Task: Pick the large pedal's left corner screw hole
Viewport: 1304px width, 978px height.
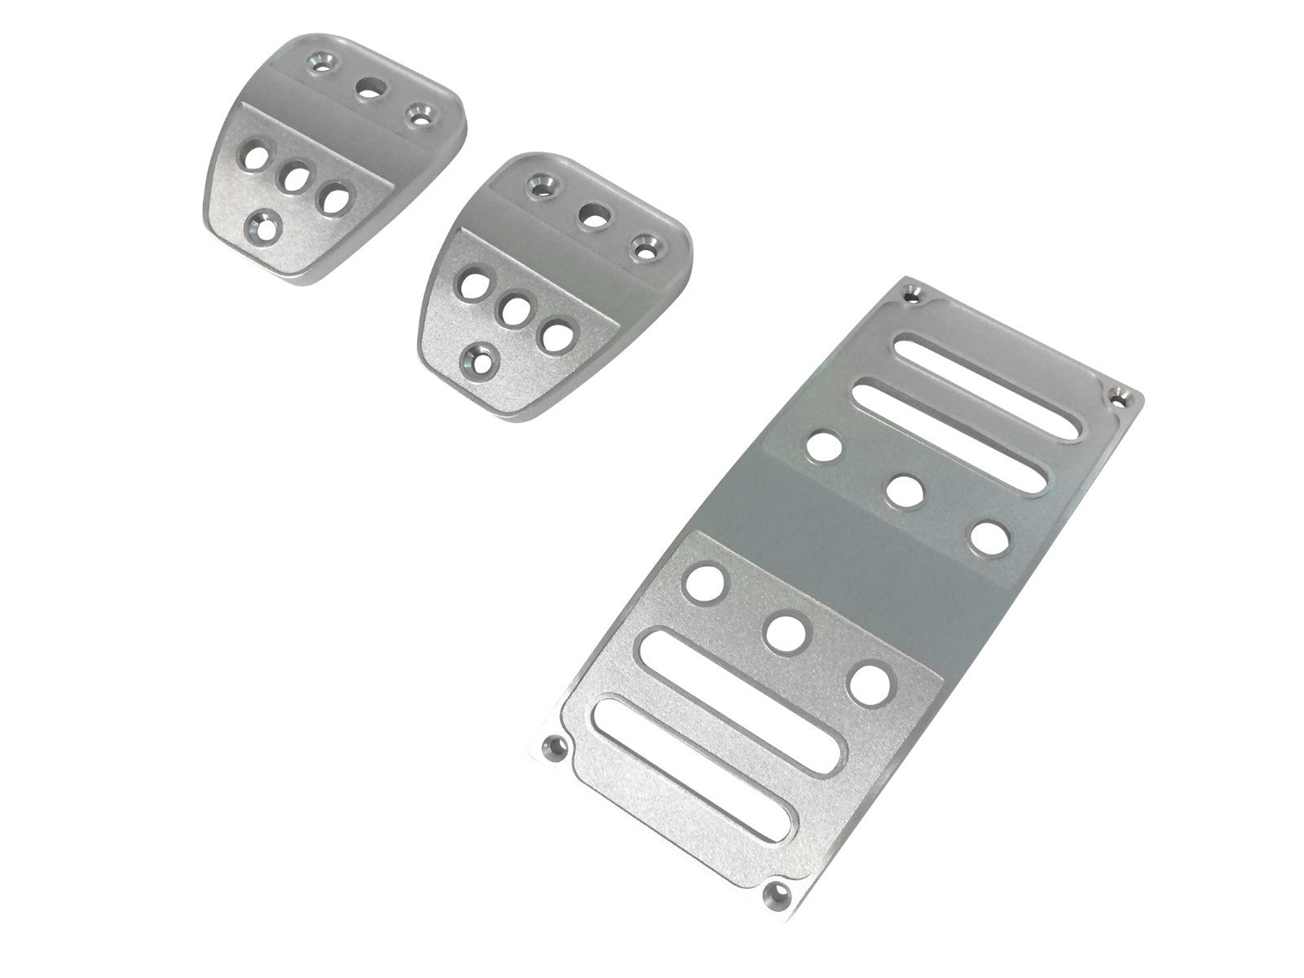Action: (x=555, y=745)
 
